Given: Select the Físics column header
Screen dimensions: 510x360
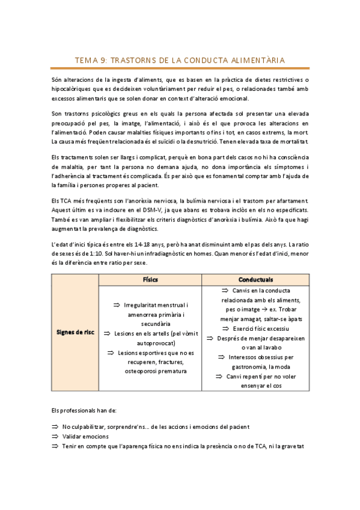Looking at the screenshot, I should coord(150,280).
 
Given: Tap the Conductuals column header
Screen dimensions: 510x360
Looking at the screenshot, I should coord(255,280).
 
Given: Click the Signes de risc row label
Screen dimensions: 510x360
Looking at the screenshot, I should coord(75,331).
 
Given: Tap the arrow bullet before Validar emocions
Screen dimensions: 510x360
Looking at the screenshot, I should coord(55,436).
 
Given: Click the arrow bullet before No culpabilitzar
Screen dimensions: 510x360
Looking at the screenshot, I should coord(55,427).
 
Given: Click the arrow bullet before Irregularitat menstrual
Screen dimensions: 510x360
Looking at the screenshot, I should coord(117,306).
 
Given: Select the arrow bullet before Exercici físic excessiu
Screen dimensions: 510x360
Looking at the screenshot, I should coord(219,329).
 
